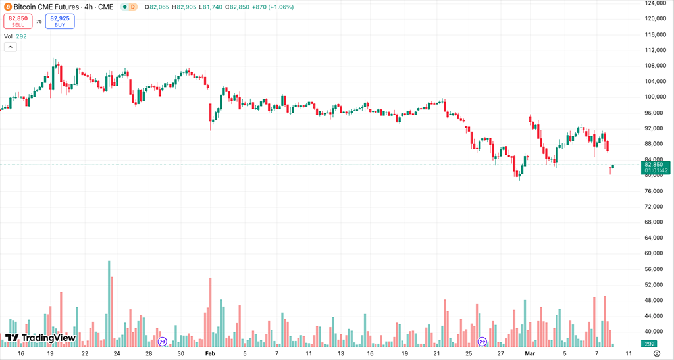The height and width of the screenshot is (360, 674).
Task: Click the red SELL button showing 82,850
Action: click(x=18, y=21)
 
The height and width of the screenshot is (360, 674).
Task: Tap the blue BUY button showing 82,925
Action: click(x=60, y=21)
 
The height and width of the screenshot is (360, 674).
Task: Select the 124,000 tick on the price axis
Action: click(x=657, y=3)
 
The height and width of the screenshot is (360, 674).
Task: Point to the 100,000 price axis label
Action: click(x=657, y=97)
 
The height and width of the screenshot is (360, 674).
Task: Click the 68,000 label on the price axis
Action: click(x=656, y=222)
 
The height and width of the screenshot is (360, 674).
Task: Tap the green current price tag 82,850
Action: click(x=657, y=168)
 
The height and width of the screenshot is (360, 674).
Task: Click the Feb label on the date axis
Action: click(x=210, y=353)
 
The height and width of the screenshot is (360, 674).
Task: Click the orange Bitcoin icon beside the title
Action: click(x=7, y=7)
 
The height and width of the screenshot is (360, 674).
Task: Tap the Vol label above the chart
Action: click(x=9, y=36)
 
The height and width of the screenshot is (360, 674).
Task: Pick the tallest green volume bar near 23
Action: click(x=109, y=299)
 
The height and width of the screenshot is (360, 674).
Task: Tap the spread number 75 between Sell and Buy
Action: click(x=39, y=22)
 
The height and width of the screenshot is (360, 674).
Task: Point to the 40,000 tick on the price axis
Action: click(x=656, y=331)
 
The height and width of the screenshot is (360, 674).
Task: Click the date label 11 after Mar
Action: click(x=629, y=353)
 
